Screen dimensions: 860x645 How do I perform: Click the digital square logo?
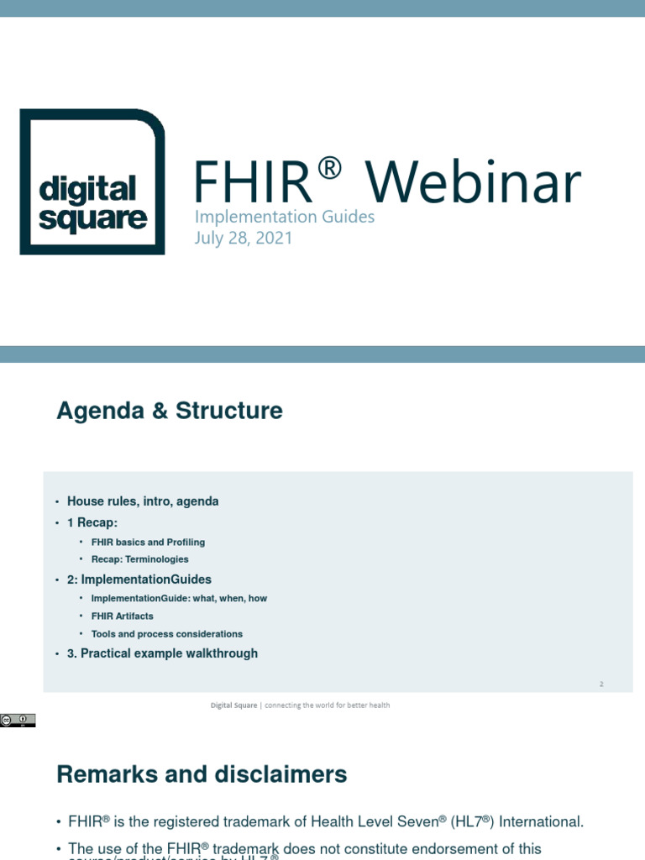(92, 181)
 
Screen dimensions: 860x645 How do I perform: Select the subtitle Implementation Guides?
(284, 217)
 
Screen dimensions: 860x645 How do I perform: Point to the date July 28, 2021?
(244, 238)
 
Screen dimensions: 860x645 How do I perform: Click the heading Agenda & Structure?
(170, 411)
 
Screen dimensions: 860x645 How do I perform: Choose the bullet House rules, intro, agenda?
(143, 501)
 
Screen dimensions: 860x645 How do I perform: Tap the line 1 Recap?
(92, 522)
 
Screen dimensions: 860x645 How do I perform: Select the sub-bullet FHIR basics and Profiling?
(148, 543)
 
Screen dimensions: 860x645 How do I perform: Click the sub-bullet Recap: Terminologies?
(140, 559)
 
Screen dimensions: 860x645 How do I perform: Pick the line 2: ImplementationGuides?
(139, 579)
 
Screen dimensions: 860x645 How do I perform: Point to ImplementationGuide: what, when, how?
(179, 599)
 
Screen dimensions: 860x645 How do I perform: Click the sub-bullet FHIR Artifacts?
(123, 616)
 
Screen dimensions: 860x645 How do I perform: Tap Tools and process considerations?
(167, 634)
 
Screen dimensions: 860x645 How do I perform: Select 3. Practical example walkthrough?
(162, 653)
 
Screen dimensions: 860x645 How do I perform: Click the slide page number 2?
(601, 684)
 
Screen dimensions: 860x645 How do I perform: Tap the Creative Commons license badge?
(18, 720)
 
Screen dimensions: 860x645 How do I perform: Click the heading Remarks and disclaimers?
(202, 773)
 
